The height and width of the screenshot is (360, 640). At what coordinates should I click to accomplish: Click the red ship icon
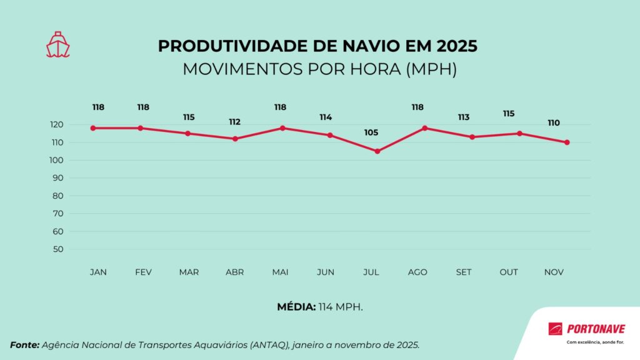(x=57, y=45)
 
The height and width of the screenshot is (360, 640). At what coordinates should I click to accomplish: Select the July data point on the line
(x=377, y=151)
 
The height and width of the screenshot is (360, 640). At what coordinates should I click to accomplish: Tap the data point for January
(x=92, y=128)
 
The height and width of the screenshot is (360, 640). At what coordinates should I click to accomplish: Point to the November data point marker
(x=567, y=142)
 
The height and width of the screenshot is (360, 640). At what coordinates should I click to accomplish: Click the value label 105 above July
(x=371, y=132)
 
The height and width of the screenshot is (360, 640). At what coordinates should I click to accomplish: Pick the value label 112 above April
(x=234, y=122)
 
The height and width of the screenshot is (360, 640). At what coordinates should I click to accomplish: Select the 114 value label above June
(x=325, y=117)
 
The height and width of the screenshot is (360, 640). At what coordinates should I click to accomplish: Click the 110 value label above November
(x=554, y=123)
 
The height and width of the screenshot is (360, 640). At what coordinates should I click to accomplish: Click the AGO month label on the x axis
(x=417, y=272)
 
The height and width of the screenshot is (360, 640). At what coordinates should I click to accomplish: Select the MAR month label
(x=189, y=272)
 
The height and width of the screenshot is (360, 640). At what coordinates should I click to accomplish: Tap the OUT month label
(x=508, y=272)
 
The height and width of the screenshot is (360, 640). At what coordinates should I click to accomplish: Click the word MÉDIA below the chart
(x=296, y=307)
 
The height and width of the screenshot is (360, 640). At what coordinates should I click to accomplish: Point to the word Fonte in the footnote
(x=24, y=345)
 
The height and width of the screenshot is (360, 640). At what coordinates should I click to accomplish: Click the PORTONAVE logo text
(x=595, y=329)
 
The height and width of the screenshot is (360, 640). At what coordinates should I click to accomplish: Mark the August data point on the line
(x=425, y=128)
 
